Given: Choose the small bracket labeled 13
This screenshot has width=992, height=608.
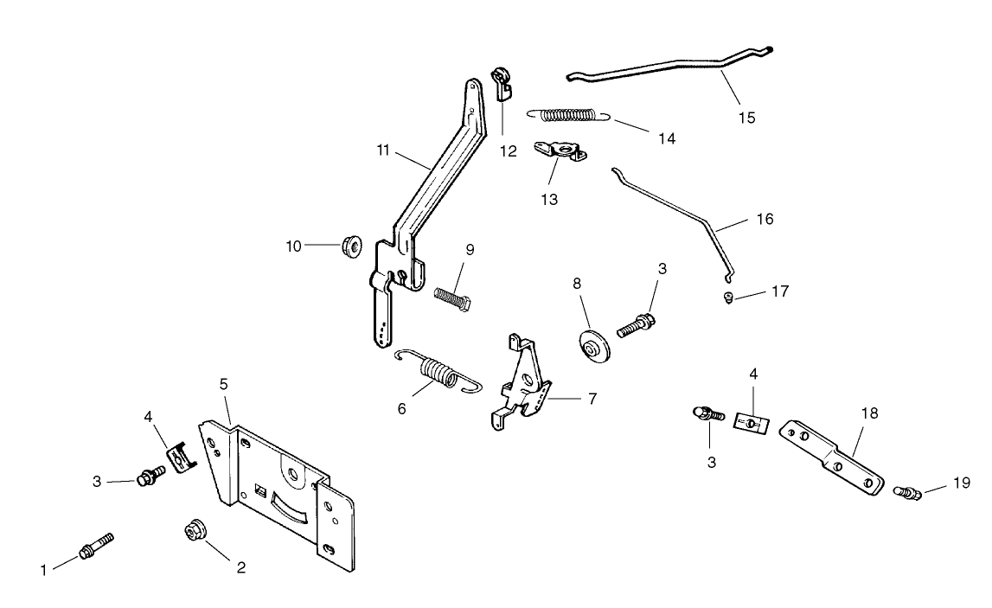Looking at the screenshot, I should (x=560, y=152).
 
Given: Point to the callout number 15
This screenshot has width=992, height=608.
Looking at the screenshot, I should (x=746, y=118).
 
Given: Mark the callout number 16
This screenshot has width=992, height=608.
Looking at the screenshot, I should (x=765, y=220).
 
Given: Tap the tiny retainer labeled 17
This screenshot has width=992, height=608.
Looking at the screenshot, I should (x=729, y=298).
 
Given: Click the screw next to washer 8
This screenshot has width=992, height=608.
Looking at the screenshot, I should (x=637, y=326).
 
